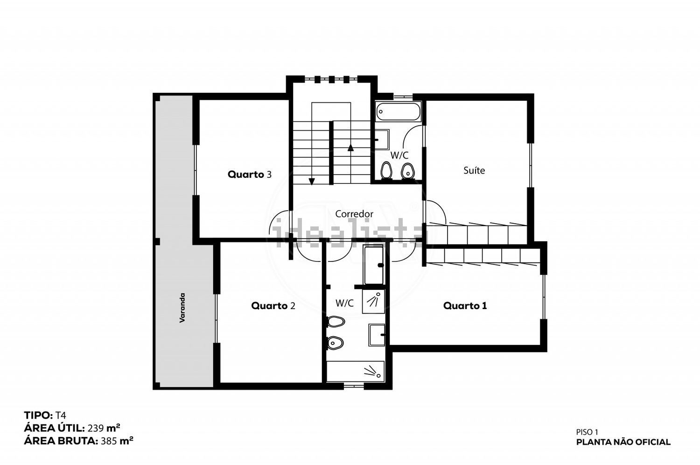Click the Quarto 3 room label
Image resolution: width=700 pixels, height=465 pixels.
[249, 175]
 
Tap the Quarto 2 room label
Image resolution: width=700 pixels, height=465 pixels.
[273, 305]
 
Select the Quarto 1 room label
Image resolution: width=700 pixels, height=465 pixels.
[465, 305]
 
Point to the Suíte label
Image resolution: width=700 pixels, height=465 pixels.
[474, 170]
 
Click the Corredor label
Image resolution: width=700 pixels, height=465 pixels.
[354, 214]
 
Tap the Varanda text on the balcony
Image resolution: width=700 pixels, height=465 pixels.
[182, 308]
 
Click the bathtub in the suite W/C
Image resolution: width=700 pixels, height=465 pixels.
[398, 112]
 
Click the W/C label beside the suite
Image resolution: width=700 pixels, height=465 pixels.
[399, 155]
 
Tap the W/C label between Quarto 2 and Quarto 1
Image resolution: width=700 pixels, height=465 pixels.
[344, 303]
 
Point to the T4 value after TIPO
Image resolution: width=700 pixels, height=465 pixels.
[61, 416]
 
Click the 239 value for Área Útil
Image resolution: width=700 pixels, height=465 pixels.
[95, 428]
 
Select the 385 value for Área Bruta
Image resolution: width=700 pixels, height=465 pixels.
[109, 441]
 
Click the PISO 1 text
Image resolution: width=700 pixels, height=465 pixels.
[587, 432]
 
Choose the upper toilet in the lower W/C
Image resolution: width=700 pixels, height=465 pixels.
[336, 322]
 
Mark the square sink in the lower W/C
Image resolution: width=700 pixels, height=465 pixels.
[377, 335]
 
